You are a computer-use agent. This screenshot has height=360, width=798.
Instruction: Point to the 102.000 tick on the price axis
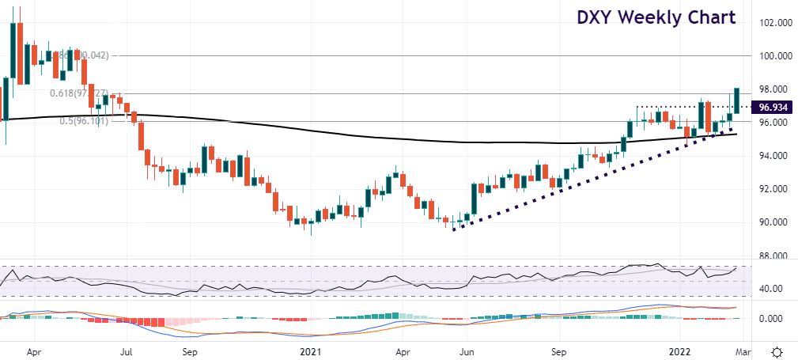[773, 23]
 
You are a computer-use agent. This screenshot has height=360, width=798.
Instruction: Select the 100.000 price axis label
[773, 56]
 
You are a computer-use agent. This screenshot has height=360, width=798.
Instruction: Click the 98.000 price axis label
[773, 89]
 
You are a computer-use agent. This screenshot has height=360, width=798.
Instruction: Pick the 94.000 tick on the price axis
[773, 156]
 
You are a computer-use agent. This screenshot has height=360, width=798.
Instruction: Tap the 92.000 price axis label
[773, 189]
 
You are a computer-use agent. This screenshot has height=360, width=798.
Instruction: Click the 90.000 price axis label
[773, 222]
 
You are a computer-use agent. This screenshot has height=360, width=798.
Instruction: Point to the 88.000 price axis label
[773, 256]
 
